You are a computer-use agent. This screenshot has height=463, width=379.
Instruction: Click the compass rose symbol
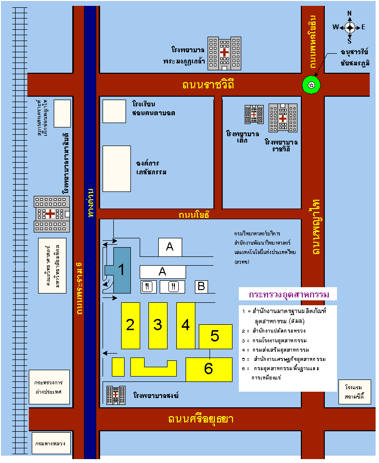(x=350, y=27)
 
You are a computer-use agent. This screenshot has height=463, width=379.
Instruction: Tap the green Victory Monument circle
(x=312, y=85)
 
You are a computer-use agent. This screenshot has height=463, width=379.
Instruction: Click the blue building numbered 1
(x=121, y=270)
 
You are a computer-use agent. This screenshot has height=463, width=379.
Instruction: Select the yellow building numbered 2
(x=130, y=325)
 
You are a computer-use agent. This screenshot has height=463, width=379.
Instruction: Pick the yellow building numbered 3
(x=158, y=325)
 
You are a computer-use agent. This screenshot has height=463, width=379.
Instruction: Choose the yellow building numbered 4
(x=186, y=325)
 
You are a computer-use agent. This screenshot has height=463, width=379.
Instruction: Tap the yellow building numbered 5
(x=215, y=337)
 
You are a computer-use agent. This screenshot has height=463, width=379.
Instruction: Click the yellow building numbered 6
(x=209, y=369)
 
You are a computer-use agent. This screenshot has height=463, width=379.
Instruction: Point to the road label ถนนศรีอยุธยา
(x=201, y=420)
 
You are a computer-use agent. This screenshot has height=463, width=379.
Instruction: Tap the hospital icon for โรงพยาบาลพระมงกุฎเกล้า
(x=224, y=52)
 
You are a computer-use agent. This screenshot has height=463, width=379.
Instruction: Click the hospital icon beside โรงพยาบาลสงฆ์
(x=116, y=395)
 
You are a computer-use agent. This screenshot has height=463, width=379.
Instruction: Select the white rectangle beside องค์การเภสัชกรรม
(x=116, y=168)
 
